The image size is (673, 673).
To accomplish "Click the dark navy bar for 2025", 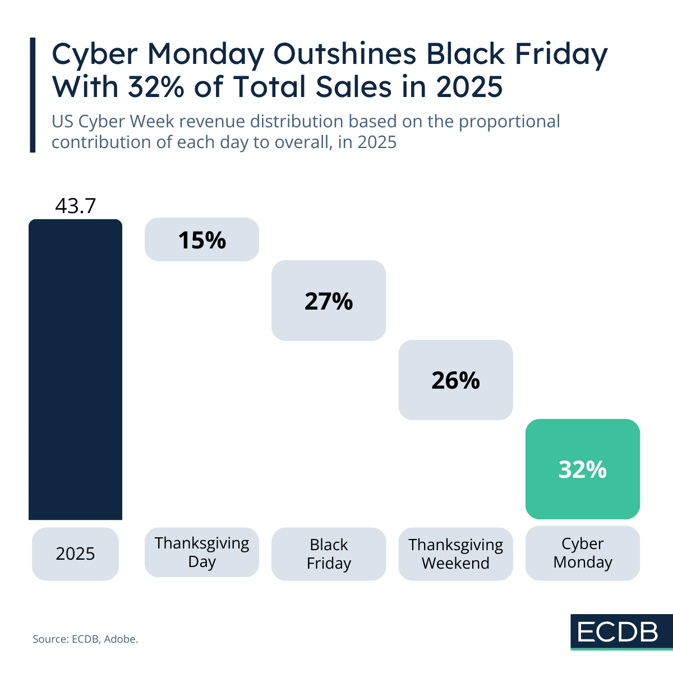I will pyautogui.click(x=75, y=370).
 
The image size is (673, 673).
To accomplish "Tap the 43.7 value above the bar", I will pyautogui.click(x=75, y=206).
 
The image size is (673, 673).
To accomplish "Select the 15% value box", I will pyautogui.click(x=202, y=240).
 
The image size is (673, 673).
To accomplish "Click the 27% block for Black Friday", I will pyautogui.click(x=329, y=301).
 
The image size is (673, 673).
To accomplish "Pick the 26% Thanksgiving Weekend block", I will pyautogui.click(x=455, y=380).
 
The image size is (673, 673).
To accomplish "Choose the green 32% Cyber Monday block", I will pyautogui.click(x=582, y=469).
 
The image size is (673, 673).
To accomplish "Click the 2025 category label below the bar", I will pyautogui.click(x=75, y=554).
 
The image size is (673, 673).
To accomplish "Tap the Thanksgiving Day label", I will pyautogui.click(x=202, y=552).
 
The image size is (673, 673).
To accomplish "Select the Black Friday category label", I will pyautogui.click(x=329, y=554).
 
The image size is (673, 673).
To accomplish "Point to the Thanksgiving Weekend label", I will pyautogui.click(x=455, y=554).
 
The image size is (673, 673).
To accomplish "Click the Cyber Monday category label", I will pyautogui.click(x=582, y=553).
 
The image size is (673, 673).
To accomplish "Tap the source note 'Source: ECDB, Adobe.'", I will pyautogui.click(x=85, y=639).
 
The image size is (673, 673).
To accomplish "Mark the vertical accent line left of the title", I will pyautogui.click(x=33, y=95).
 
